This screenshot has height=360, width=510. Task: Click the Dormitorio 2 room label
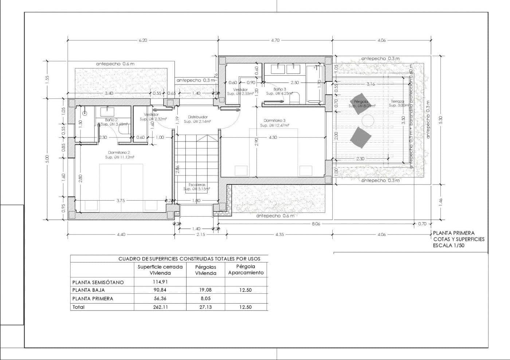coord(119,153)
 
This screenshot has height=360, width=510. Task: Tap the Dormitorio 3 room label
coord(275,120)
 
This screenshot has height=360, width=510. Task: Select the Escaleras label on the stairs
coord(197,185)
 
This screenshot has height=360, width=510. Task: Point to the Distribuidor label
coord(197,117)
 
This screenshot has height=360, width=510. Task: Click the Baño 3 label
coord(280,89)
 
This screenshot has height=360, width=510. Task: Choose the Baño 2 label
coord(111,120)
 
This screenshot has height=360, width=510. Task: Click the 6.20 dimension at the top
coord(143,40)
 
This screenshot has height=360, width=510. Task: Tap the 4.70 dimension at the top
coord(275,40)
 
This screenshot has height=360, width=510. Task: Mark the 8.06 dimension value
coord(316,224)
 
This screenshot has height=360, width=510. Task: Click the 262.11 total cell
coord(160,307)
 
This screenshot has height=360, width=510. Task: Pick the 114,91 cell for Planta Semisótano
coord(160,282)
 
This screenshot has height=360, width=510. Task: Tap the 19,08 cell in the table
coord(205,290)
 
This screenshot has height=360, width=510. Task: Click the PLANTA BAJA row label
coord(89,290)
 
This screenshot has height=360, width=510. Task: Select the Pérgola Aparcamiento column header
coord(246,270)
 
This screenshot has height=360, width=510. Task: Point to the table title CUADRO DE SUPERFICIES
coord(189,259)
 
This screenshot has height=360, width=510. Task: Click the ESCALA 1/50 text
coord(449,245)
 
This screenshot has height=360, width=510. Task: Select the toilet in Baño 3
coord(295,98)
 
